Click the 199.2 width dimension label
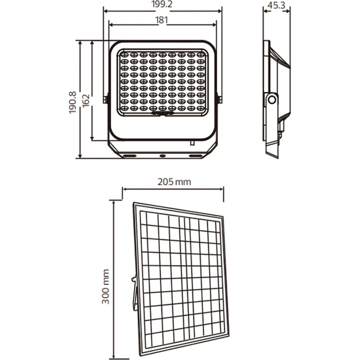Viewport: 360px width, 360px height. (162, 4)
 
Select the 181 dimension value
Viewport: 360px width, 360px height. (162, 20)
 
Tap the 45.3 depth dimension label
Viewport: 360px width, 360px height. (276, 5)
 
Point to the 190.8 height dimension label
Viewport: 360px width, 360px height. (73, 102)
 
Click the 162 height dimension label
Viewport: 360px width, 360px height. (86, 100)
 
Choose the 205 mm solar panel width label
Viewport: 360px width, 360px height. (174, 182)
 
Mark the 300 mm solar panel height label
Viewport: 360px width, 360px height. (105, 287)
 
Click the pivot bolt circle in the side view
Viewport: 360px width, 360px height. (272, 100)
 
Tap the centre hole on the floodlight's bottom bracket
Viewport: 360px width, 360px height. (163, 156)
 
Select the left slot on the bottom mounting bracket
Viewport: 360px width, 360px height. (130, 156)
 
